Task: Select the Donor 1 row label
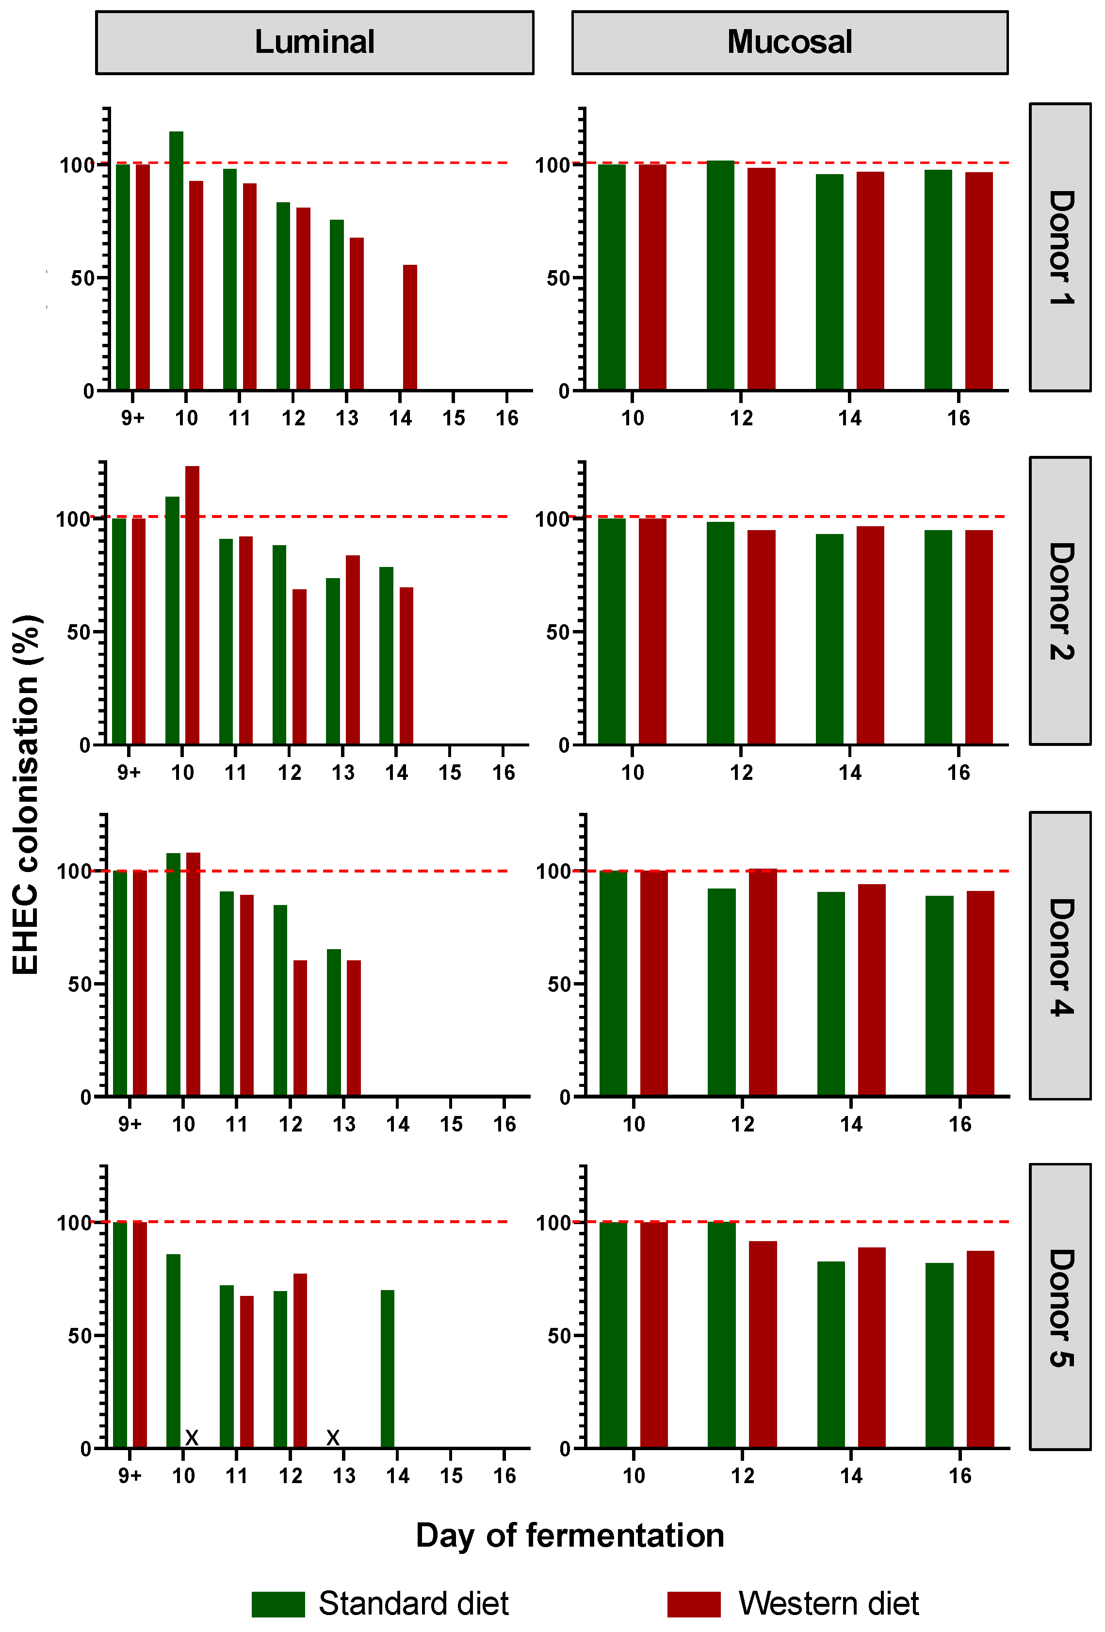(1059, 247)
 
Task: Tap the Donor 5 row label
(1059, 1308)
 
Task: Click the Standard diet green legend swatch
(278, 1604)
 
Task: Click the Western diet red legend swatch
(693, 1604)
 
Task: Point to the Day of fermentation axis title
(569, 1535)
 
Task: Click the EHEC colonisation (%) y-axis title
(27, 793)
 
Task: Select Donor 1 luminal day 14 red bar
(409, 327)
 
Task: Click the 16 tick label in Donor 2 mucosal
(958, 773)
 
